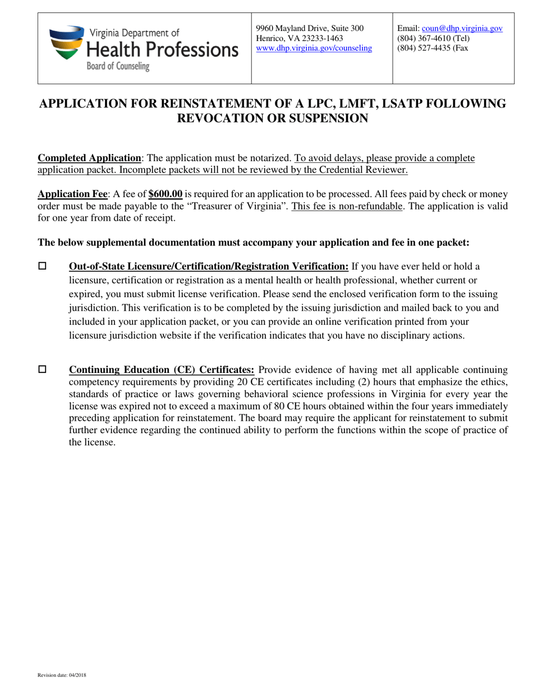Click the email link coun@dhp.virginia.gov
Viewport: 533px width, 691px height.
click(462, 29)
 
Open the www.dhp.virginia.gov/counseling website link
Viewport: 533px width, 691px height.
click(314, 48)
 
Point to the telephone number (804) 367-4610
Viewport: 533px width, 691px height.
click(426, 39)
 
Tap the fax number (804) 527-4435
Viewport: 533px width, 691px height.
click(426, 48)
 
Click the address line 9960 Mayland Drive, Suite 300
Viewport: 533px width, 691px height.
click(309, 29)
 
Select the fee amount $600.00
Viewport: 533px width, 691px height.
click(165, 194)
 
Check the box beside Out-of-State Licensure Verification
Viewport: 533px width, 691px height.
click(42, 266)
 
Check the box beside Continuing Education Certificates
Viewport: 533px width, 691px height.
click(42, 369)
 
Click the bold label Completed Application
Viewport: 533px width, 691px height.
click(89, 158)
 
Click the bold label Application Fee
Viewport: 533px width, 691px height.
click(72, 194)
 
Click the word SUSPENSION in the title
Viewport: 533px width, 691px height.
click(318, 119)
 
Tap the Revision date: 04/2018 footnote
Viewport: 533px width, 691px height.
click(62, 675)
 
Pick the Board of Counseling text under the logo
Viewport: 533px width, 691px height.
click(118, 66)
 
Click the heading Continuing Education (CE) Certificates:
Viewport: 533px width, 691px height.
click(162, 370)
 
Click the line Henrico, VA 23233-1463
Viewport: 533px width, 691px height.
click(299, 39)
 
